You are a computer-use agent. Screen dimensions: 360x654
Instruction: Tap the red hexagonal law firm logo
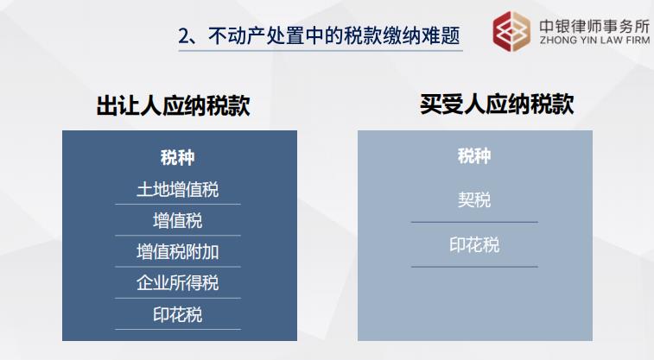tap(512, 31)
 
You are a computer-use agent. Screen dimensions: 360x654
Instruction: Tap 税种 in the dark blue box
tap(178, 158)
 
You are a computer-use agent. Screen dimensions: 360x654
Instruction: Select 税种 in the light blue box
tap(474, 156)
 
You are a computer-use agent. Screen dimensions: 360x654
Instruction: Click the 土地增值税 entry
tap(178, 189)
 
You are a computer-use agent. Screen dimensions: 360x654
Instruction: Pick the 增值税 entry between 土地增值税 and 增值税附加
tap(178, 220)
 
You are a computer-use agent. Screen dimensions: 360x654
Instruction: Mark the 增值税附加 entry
tap(178, 252)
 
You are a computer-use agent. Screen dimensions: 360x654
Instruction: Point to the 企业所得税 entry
tap(178, 283)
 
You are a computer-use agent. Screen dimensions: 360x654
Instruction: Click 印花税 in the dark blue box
tap(178, 315)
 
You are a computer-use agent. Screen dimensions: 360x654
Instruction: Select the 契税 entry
tap(474, 200)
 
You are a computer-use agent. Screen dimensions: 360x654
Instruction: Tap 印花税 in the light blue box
tap(474, 245)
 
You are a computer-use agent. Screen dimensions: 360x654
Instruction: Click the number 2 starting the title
tap(183, 36)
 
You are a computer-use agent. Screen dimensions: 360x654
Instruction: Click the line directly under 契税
tap(474, 222)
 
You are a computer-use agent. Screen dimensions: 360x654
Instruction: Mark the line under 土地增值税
tap(178, 205)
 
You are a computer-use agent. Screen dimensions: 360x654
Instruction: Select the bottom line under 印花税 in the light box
tap(474, 267)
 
